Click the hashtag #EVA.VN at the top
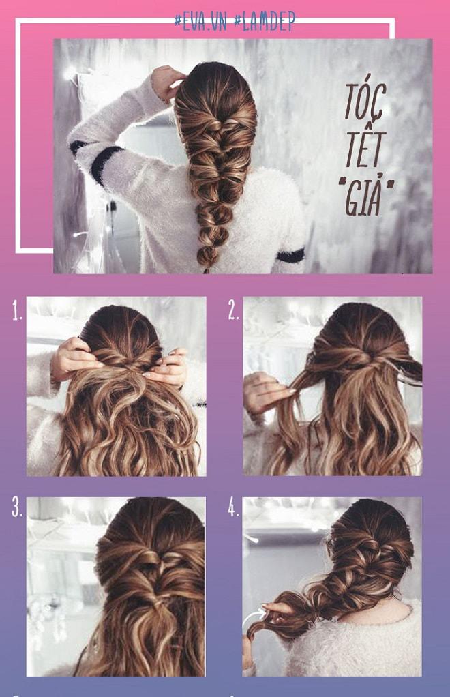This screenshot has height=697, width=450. pos(201,22)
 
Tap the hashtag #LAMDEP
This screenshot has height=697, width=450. pos(265,22)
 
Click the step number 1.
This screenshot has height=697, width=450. pos(17,312)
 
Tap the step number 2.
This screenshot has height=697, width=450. pos(233,312)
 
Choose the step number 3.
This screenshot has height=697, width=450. pos(17,508)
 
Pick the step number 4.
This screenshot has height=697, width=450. pos(233,508)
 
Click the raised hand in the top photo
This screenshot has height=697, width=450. pos(166,81)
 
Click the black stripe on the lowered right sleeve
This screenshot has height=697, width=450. pos(290,255)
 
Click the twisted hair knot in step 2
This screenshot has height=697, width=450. pos(360,357)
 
